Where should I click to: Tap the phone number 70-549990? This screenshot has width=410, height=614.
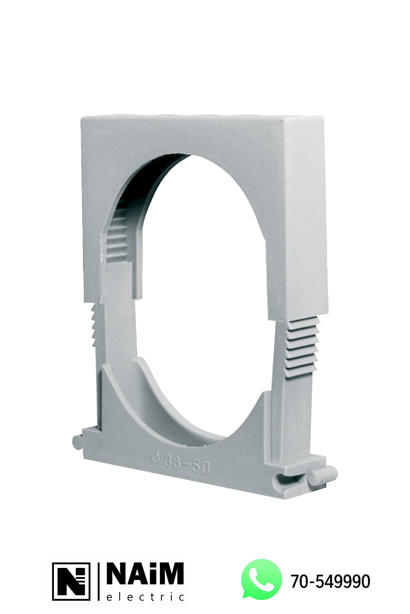330,581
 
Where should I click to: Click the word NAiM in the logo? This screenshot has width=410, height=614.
145,573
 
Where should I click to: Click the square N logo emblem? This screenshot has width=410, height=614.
71,581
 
